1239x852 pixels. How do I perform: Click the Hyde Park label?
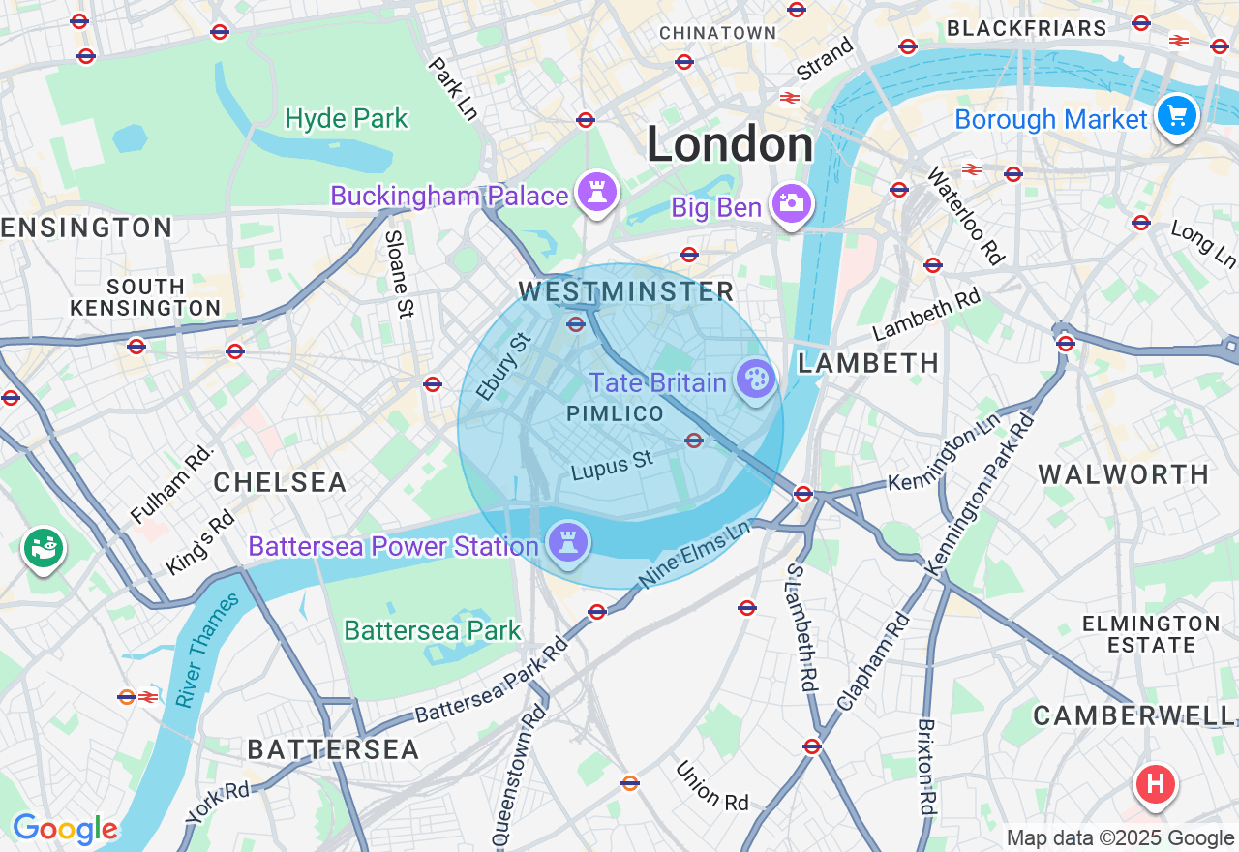[347, 119]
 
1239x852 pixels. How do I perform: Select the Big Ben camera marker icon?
[792, 203]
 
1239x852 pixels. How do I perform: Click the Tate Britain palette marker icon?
[755, 379]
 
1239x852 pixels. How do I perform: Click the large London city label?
[730, 145]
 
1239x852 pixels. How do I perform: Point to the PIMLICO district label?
[616, 414]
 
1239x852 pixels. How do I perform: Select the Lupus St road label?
[612, 467]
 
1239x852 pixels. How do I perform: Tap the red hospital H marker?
[1155, 782]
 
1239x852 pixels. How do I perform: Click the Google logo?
[65, 829]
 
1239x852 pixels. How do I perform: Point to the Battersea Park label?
[433, 631]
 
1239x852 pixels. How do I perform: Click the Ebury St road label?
[504, 367]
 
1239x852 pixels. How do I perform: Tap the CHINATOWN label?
[717, 33]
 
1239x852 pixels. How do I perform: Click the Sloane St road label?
[398, 274]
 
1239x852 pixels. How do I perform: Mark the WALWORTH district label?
[1124, 474]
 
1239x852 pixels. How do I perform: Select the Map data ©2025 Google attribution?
[1120, 838]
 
